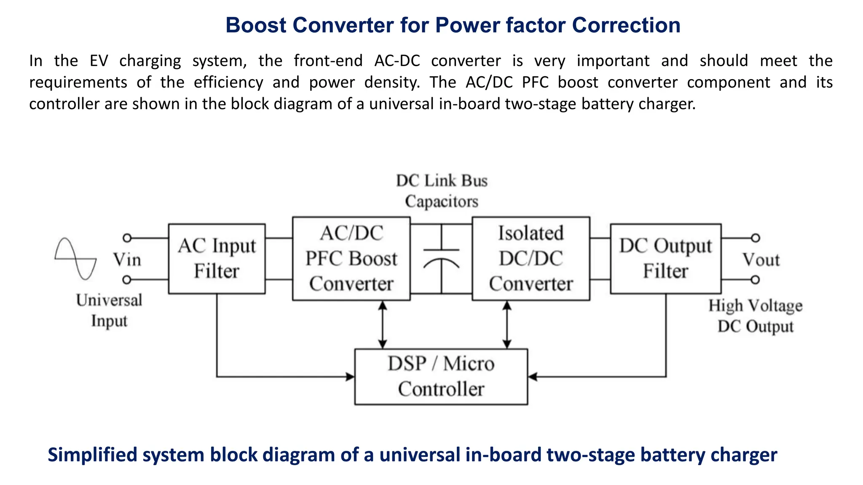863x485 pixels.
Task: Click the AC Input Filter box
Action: pyautogui.click(x=217, y=258)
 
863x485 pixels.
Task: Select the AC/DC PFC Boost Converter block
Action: pyautogui.click(x=351, y=258)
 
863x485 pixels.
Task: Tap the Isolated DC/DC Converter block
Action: pyautogui.click(x=531, y=258)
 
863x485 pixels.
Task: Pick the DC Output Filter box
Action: pyautogui.click(x=665, y=258)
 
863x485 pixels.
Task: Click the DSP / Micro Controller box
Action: pyautogui.click(x=441, y=376)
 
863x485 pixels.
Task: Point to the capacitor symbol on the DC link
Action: pyautogui.click(x=441, y=258)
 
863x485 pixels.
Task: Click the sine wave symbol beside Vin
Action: pyautogui.click(x=76, y=258)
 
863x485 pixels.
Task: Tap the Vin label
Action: pyautogui.click(x=127, y=259)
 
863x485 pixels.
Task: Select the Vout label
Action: pyautogui.click(x=761, y=259)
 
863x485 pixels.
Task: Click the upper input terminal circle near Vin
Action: pyautogui.click(x=127, y=238)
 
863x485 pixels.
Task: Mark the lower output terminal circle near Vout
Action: pyautogui.click(x=755, y=280)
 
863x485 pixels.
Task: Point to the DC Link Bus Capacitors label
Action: pyautogui.click(x=441, y=191)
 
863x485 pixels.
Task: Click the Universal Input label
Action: pyautogui.click(x=109, y=310)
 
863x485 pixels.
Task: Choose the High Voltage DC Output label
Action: pyautogui.click(x=755, y=316)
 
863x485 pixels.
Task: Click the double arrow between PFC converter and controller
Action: pyautogui.click(x=382, y=324)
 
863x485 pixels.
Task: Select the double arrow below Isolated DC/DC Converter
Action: pyautogui.click(x=507, y=324)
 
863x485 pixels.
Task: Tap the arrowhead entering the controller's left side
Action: pyautogui.click(x=350, y=376)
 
